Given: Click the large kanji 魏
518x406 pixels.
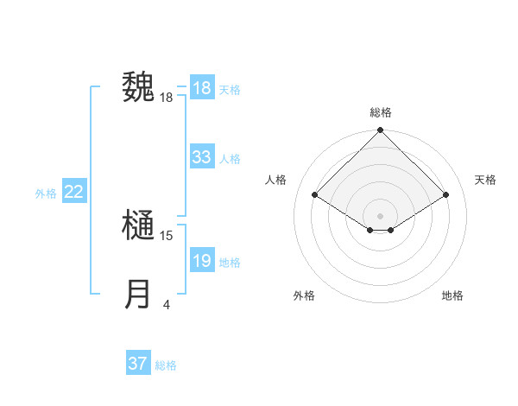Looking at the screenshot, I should pyautogui.click(x=137, y=87).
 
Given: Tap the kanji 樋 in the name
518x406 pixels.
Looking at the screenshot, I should pyautogui.click(x=137, y=226).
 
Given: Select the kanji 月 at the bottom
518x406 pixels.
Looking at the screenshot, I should pyautogui.click(x=137, y=295).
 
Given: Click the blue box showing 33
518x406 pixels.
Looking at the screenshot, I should pyautogui.click(x=202, y=157).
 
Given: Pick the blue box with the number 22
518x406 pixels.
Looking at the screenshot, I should pyautogui.click(x=73, y=192).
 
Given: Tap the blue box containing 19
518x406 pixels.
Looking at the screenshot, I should pyautogui.click(x=202, y=261).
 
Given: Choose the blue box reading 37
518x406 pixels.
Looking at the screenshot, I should pyautogui.click(x=137, y=364).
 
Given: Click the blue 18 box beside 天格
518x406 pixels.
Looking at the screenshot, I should pyautogui.click(x=202, y=88).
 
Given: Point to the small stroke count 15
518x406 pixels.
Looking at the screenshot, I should pyautogui.click(x=167, y=235).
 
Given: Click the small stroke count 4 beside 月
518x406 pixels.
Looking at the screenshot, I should pyautogui.click(x=167, y=304).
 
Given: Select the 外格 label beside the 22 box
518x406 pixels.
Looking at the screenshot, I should pyautogui.click(x=46, y=193).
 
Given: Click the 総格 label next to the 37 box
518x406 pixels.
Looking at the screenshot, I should pyautogui.click(x=166, y=365).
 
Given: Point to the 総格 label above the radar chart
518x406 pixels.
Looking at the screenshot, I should pyautogui.click(x=381, y=112).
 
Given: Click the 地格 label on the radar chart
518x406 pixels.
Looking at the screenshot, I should pyautogui.click(x=452, y=295).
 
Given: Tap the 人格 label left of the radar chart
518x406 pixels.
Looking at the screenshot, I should pyautogui.click(x=275, y=180).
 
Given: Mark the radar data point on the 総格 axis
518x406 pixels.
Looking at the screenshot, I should pyautogui.click(x=381, y=130).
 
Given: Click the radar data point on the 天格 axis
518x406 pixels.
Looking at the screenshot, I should pyautogui.click(x=446, y=195).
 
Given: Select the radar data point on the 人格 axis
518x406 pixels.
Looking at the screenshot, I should pyautogui.click(x=315, y=195).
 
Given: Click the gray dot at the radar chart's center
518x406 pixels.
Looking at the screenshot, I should pyautogui.click(x=381, y=215).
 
